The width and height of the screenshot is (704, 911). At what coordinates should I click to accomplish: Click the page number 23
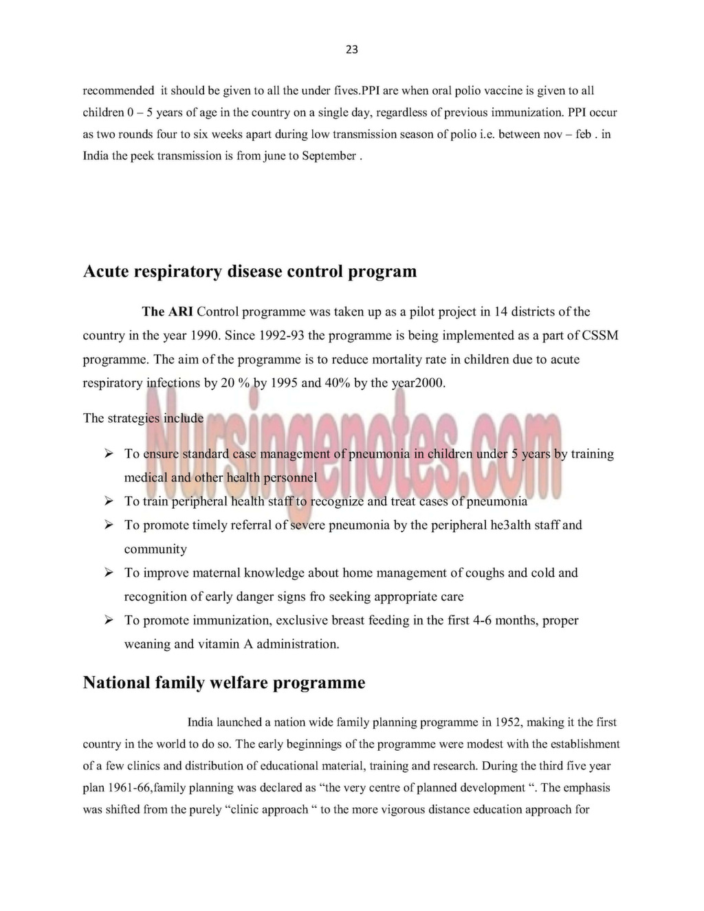click(x=351, y=50)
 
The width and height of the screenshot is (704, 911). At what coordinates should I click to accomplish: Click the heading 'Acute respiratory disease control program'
click(x=250, y=271)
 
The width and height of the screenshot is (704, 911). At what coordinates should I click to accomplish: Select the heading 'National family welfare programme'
click(x=224, y=683)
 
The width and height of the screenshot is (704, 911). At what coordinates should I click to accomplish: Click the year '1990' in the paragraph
click(x=203, y=336)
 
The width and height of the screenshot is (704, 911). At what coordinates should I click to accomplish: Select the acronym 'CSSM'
click(x=600, y=336)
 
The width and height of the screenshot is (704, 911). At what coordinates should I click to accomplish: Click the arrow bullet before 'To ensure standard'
click(x=109, y=454)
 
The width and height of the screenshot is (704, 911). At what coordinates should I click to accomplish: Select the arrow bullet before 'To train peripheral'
click(x=109, y=501)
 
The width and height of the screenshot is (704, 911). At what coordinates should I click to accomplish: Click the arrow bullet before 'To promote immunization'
click(x=109, y=620)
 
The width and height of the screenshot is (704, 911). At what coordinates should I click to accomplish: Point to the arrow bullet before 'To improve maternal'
click(x=109, y=573)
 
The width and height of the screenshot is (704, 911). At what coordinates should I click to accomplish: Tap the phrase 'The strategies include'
click(x=143, y=418)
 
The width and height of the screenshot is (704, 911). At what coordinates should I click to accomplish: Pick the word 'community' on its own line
click(x=155, y=549)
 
